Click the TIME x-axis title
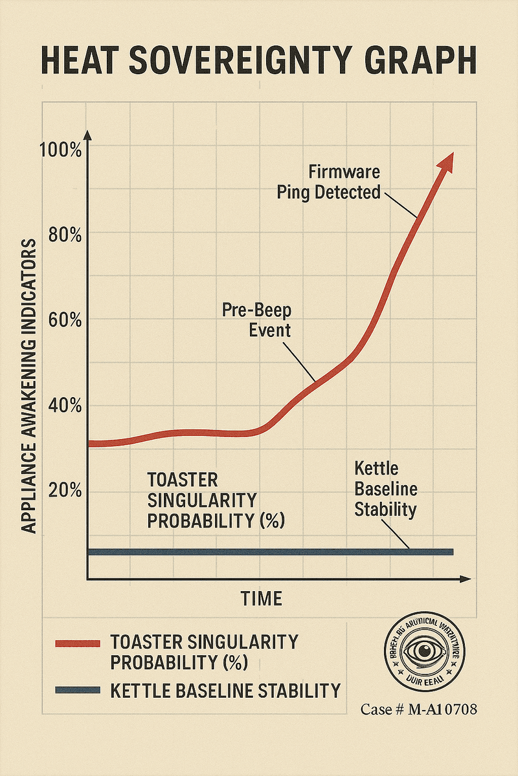[262, 598]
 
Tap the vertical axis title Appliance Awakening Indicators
[28, 386]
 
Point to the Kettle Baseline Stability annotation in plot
[385, 489]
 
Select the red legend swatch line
[78, 643]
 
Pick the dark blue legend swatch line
[78, 690]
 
